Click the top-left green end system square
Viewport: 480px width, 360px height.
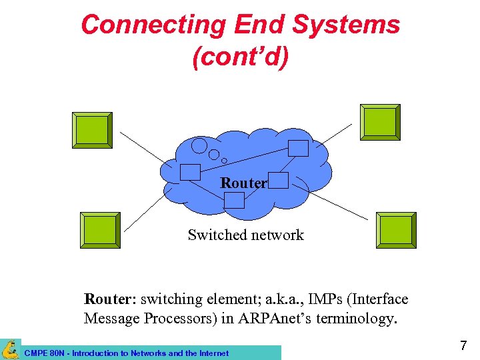(92, 130)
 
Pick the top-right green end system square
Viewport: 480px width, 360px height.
(380, 123)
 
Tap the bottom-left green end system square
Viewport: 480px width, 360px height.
(100, 230)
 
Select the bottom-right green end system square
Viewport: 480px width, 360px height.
(396, 230)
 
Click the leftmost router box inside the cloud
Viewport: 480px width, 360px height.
(190, 171)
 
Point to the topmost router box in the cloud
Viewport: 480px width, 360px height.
(299, 148)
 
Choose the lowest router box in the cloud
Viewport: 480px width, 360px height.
(234, 199)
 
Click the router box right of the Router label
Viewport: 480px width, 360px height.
(279, 180)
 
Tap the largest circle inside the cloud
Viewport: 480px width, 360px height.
(199, 145)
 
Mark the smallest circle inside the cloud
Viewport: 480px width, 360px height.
(224, 160)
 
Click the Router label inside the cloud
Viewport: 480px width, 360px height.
(243, 183)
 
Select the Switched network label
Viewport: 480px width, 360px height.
(245, 235)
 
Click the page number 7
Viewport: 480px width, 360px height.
(463, 346)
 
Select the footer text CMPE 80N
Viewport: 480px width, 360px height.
(46, 353)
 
